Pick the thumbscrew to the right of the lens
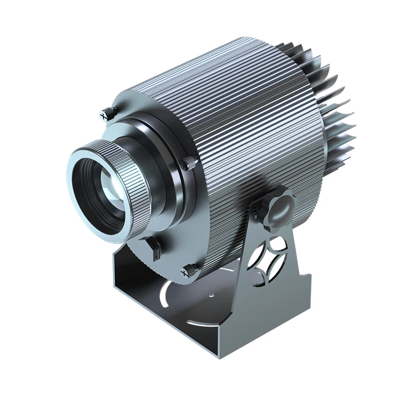189,163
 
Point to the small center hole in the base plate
211,295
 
